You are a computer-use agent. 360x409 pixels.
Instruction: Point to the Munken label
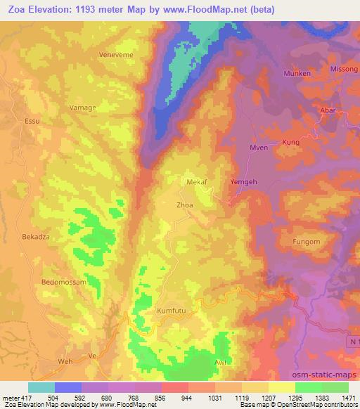click(297, 73)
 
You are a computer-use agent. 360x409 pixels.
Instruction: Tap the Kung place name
click(290, 142)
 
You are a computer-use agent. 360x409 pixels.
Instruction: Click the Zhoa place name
click(184, 206)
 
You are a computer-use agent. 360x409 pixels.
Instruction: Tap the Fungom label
click(306, 242)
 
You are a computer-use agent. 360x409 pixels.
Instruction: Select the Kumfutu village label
click(172, 309)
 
